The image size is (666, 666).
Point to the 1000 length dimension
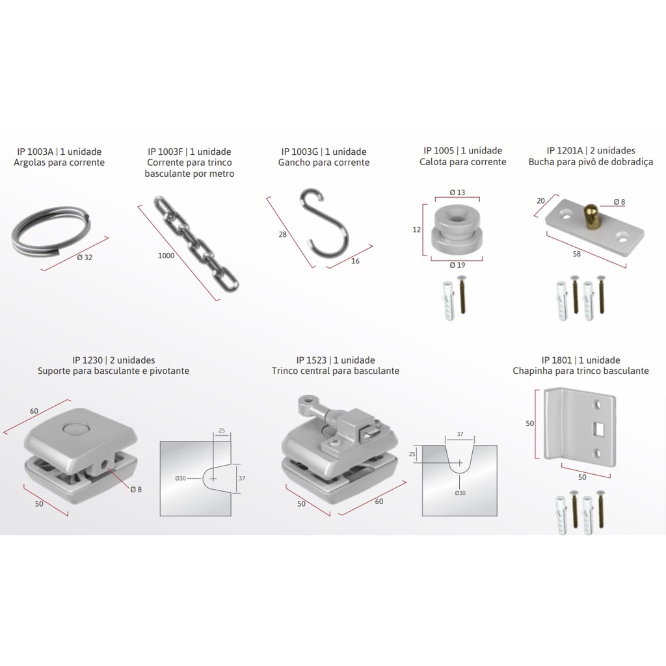point(166,256)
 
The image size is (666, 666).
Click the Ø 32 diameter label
point(85,258)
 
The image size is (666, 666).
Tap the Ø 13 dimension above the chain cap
point(457,193)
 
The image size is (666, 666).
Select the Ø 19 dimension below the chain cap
point(457,265)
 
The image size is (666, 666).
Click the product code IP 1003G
point(299,152)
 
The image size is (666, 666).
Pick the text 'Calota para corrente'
point(463,162)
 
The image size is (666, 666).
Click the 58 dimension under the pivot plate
point(576,254)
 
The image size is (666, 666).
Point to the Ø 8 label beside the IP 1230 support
point(136,489)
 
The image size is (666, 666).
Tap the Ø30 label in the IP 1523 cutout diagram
point(460,493)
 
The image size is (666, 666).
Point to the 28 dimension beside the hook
point(282,234)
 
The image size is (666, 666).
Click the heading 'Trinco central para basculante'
point(336,371)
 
